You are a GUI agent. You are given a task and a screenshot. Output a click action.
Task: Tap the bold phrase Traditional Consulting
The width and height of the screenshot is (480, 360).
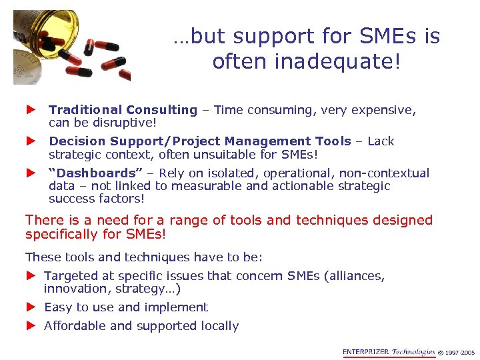tap(123, 110)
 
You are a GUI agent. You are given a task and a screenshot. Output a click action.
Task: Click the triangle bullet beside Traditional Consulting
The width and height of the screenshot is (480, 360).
tap(29, 109)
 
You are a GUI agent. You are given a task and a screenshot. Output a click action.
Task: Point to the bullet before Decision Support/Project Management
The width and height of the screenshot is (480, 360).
tap(29, 141)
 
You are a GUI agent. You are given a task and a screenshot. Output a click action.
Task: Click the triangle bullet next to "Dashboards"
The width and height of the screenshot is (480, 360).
tap(29, 173)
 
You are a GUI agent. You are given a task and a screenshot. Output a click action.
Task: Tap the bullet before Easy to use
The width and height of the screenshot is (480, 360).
tap(29, 307)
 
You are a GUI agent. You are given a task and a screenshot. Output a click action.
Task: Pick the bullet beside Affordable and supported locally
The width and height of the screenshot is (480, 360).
tap(29, 325)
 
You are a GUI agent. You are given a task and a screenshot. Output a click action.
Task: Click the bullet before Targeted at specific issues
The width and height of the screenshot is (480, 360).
tap(29, 275)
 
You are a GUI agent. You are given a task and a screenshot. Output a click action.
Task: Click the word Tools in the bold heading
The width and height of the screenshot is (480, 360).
tap(333, 141)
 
